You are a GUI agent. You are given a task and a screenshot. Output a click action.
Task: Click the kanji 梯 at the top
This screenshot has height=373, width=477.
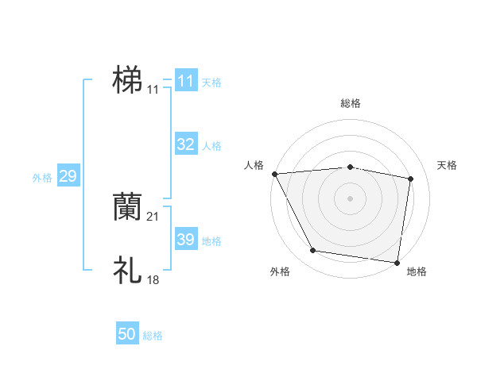tap(127, 80)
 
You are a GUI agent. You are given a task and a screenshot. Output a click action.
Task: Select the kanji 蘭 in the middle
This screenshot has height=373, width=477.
tap(127, 206)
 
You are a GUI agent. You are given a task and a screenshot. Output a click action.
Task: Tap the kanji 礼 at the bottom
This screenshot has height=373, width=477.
tap(127, 270)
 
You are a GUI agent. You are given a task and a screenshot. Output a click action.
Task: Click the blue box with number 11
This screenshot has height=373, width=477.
tap(185, 81)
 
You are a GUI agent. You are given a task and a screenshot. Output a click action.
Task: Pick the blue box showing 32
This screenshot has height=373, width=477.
tap(185, 144)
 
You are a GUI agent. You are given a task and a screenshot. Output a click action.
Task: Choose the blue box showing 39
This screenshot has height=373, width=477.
tap(185, 240)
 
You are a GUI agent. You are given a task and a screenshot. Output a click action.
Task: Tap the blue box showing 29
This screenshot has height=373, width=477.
tap(68, 177)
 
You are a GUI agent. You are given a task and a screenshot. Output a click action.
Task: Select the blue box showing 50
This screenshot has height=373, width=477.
tap(127, 334)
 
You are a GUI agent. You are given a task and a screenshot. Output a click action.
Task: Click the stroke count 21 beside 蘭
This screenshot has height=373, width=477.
tap(153, 217)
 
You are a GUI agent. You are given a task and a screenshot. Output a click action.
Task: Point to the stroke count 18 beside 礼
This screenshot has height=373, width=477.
tap(153, 280)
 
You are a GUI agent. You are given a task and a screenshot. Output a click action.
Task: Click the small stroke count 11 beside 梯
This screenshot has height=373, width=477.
tap(153, 90)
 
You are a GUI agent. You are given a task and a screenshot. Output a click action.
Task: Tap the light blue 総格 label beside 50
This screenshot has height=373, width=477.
tap(153, 336)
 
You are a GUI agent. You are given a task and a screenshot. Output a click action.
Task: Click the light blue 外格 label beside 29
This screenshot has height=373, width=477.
tap(42, 178)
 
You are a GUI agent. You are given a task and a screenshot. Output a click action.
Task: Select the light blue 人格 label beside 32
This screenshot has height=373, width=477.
tap(211, 146)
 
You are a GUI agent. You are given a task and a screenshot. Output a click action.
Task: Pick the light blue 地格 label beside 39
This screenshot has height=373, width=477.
tap(211, 241)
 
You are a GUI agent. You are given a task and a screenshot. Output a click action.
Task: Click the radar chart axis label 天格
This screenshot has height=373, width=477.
tap(448, 165)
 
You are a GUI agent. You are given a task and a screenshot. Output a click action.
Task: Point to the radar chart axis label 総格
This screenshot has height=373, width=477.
tap(351, 103)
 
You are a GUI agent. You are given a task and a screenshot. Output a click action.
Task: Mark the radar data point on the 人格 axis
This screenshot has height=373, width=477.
tap(274, 174)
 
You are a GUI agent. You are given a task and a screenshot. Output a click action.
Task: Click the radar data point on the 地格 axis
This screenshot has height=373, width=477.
tap(397, 262)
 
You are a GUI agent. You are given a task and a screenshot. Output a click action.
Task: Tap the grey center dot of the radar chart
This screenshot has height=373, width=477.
tap(351, 198)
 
